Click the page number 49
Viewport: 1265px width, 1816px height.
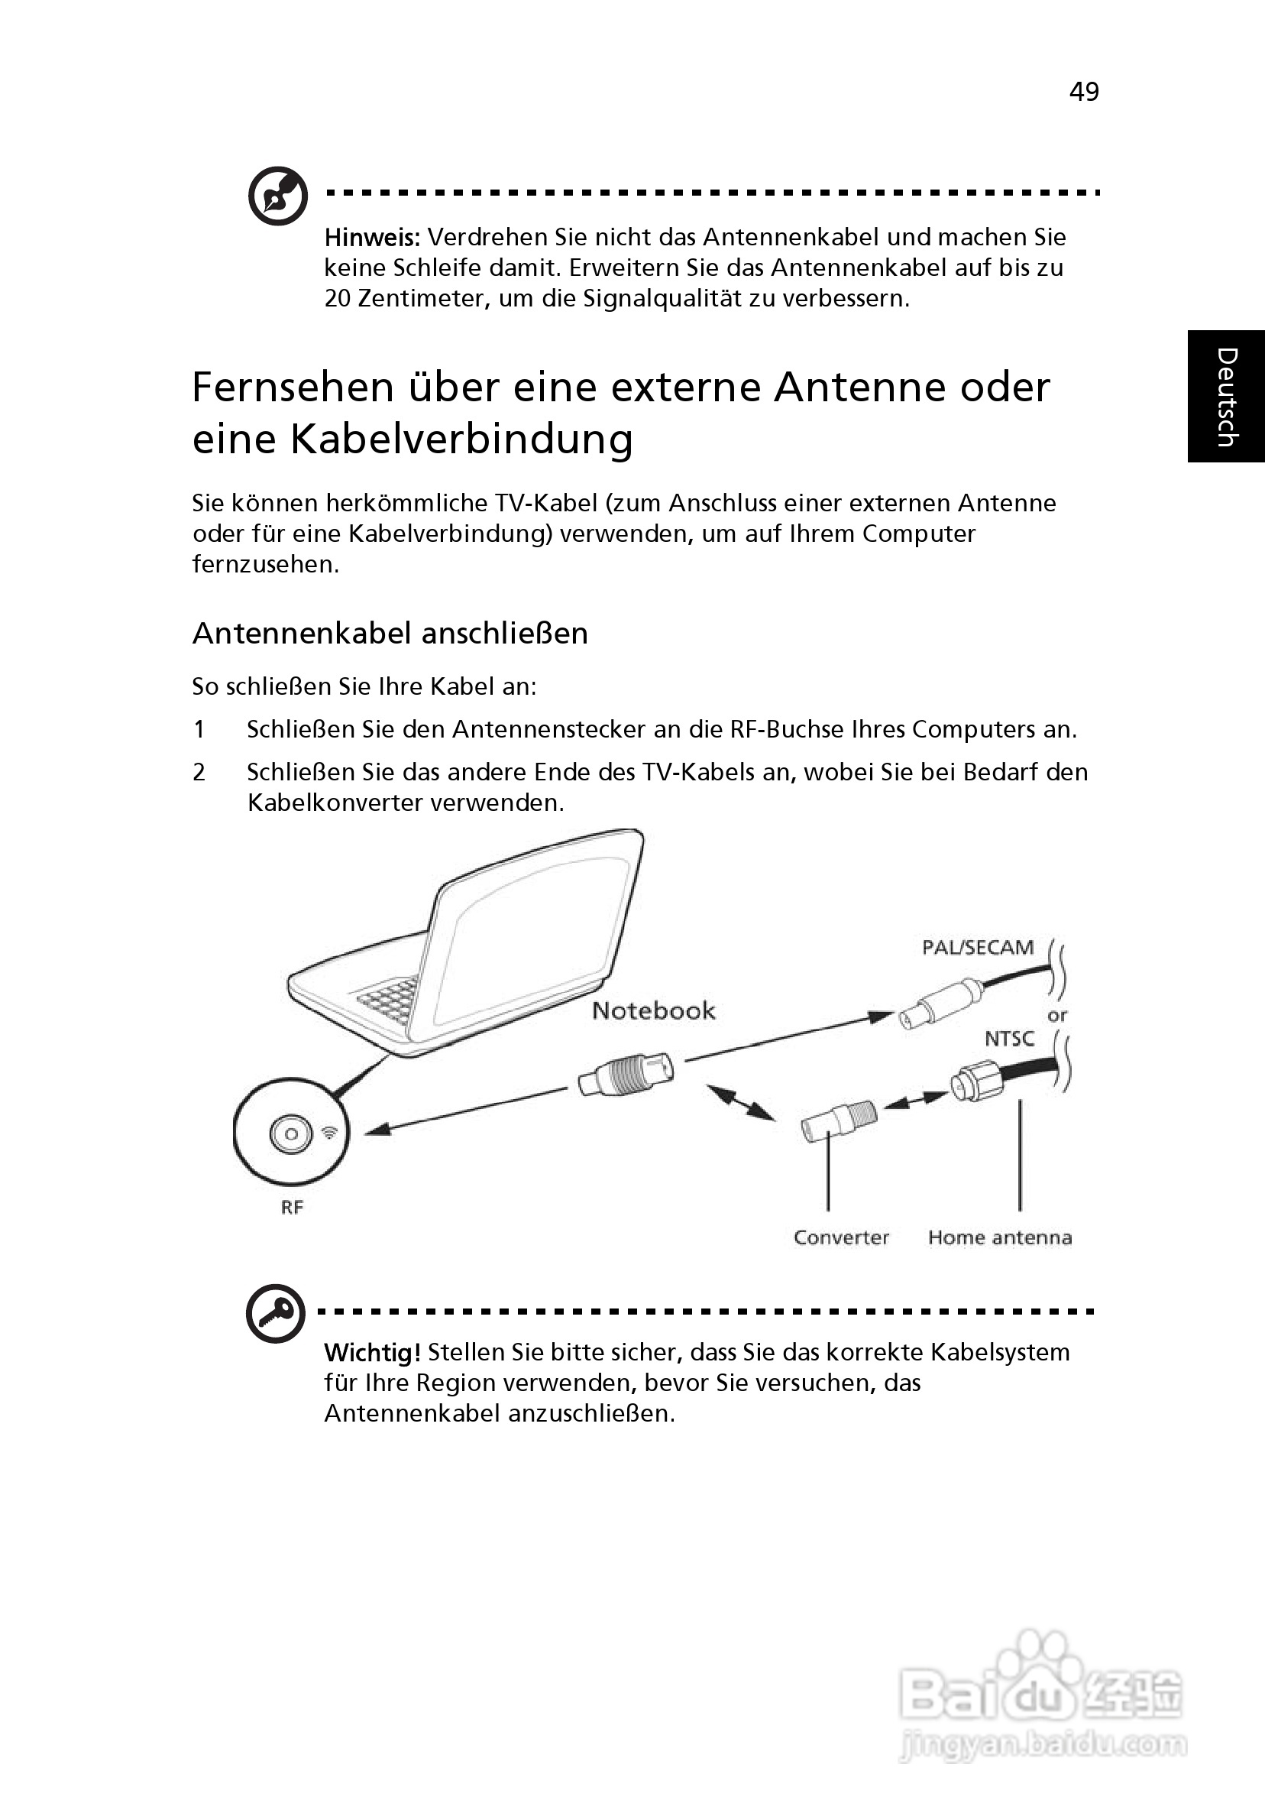pyautogui.click(x=1084, y=92)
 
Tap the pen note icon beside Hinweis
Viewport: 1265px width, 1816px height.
pyautogui.click(x=277, y=196)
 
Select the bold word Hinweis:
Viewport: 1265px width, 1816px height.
pyautogui.click(x=371, y=237)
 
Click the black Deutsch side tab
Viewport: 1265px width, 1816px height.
pyautogui.click(x=1225, y=396)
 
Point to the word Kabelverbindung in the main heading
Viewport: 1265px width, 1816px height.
pyautogui.click(x=461, y=439)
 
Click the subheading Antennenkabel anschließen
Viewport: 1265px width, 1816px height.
pyautogui.click(x=390, y=634)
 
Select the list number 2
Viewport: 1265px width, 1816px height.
pyautogui.click(x=199, y=772)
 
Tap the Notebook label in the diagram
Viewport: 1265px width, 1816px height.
pyautogui.click(x=654, y=1011)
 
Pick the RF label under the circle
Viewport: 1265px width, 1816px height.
pyautogui.click(x=292, y=1208)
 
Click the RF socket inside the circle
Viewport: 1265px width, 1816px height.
pyautogui.click(x=291, y=1134)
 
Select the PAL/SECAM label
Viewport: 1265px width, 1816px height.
pyautogui.click(x=978, y=948)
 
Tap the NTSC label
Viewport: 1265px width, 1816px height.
pyautogui.click(x=1009, y=1039)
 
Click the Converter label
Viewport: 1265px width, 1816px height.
pyautogui.click(x=841, y=1238)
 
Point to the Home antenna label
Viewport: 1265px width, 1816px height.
pyautogui.click(x=1000, y=1238)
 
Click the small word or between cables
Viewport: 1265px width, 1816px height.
pyautogui.click(x=1057, y=1016)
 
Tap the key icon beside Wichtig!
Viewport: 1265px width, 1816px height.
pyautogui.click(x=275, y=1314)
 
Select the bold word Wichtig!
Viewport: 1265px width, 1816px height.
pyautogui.click(x=371, y=1353)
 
